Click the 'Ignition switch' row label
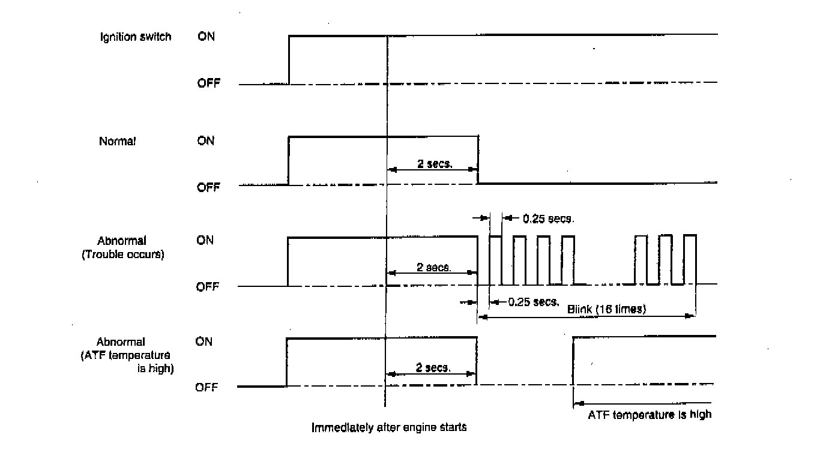(135, 37)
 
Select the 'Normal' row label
(117, 142)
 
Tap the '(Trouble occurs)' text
(122, 255)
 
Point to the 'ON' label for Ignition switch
(206, 37)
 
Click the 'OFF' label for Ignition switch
(208, 83)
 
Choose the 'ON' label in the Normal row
(206, 142)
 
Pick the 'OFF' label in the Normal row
(208, 187)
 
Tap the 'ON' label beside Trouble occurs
(205, 241)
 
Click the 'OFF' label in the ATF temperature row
(206, 388)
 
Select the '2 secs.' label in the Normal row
(435, 163)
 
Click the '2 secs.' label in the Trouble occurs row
(434, 267)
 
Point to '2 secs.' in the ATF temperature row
(433, 367)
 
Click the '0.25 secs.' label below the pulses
(534, 302)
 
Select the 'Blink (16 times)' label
(606, 310)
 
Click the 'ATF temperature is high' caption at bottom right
(649, 414)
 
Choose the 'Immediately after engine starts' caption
(389, 428)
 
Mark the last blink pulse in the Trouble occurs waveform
(690, 259)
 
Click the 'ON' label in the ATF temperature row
(204, 342)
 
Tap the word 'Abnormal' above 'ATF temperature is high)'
(121, 342)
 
